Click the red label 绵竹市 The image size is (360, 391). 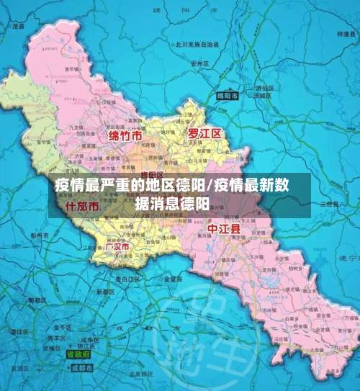pos(125,135)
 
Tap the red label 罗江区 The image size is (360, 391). pos(205,134)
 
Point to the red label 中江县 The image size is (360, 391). pos(222,228)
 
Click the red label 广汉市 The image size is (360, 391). pos(117,246)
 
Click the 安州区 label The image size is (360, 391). pos(197,63)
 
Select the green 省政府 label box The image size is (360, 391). pos(78,354)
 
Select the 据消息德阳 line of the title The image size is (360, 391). pos(172,203)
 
